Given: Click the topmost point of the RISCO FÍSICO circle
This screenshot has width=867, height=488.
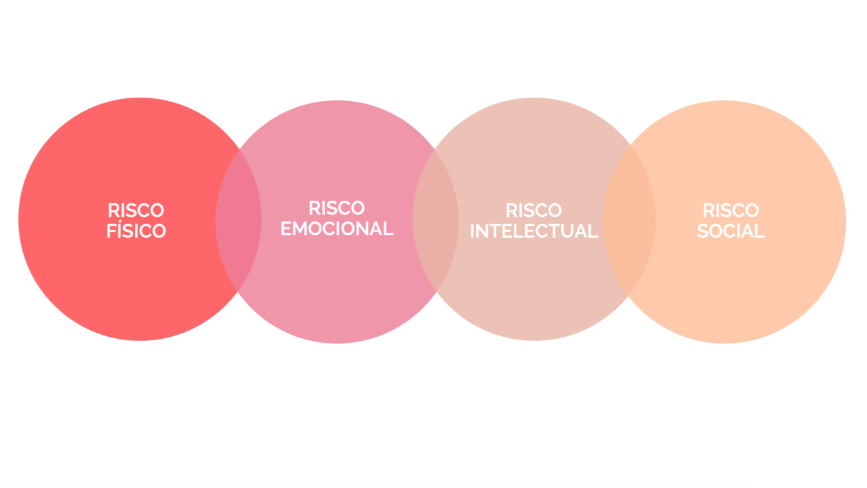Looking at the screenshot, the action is point(140,98).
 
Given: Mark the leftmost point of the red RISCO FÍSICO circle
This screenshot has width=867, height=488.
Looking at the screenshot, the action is point(18,220).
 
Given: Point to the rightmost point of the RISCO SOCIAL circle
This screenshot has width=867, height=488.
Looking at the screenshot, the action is point(846,222).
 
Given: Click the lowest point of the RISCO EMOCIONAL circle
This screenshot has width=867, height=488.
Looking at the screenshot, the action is point(337,344).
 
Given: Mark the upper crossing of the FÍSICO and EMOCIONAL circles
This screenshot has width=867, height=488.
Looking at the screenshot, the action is point(239,150).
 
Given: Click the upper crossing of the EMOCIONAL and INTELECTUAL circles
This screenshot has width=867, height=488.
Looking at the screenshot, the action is point(435,150).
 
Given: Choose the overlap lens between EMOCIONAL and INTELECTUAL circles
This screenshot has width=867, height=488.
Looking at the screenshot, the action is point(435,220).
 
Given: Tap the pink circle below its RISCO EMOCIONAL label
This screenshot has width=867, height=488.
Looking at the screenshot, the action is point(337,290).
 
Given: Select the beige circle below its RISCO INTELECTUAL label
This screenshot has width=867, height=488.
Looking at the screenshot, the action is point(534,290).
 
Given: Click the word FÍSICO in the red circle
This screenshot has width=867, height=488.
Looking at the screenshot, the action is point(136,230).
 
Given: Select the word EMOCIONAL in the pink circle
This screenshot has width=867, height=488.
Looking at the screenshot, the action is point(337,228).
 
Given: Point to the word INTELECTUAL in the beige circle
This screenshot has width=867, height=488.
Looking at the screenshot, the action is point(533,231).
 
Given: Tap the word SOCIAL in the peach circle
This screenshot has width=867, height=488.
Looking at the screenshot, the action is point(731,231).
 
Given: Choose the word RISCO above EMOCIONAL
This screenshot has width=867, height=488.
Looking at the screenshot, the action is point(337,208).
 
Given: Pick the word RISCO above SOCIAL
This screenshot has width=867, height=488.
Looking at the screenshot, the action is point(731,211).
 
